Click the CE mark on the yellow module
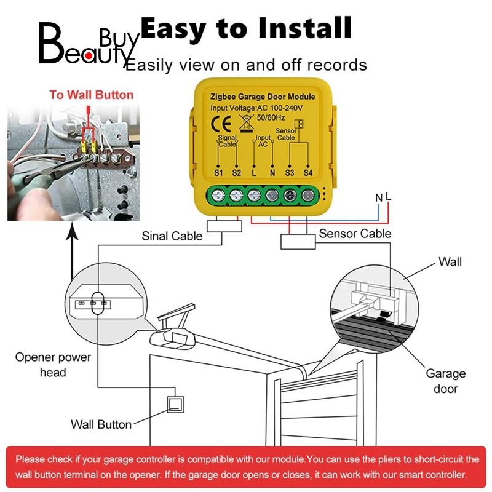pyautogui.click(x=221, y=124)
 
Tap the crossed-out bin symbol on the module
pyautogui.click(x=247, y=123)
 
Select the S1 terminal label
pyautogui.click(x=218, y=173)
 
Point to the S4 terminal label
pyautogui.click(x=308, y=173)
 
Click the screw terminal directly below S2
pyautogui.click(x=236, y=196)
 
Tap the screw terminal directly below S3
pyautogui.click(x=290, y=196)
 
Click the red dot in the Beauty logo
pyautogui.click(x=89, y=56)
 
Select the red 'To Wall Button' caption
pyautogui.click(x=91, y=95)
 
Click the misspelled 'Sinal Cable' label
pyautogui.click(x=172, y=236)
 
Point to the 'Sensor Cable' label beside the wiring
pyautogui.click(x=355, y=234)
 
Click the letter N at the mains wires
pyautogui.click(x=379, y=197)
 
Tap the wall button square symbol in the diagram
pyautogui.click(x=175, y=405)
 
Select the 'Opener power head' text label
pyautogui.click(x=53, y=365)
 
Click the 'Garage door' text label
pyautogui.click(x=445, y=381)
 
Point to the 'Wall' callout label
pyautogui.click(x=450, y=262)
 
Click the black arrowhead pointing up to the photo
pyautogui.click(x=72, y=234)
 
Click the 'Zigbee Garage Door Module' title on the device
pyautogui.click(x=263, y=97)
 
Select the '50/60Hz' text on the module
pyautogui.click(x=271, y=117)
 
